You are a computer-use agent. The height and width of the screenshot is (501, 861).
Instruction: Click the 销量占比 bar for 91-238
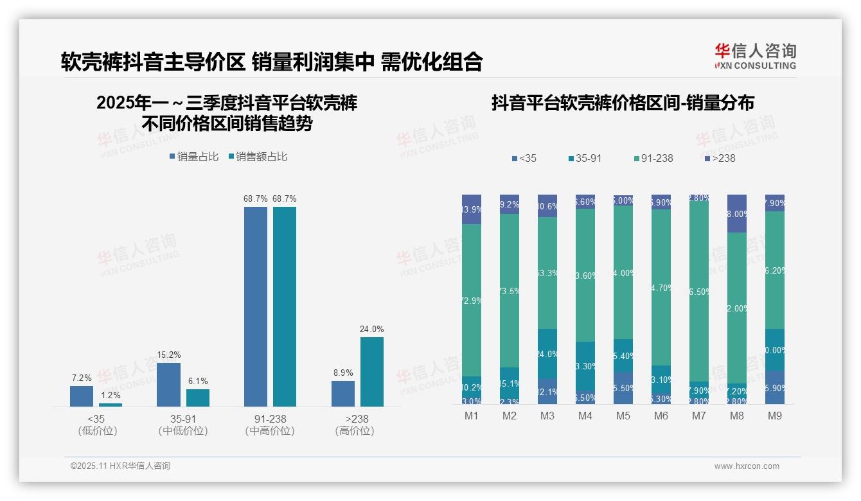coord(256,306)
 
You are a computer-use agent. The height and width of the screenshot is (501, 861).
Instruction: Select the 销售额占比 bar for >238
coord(371,372)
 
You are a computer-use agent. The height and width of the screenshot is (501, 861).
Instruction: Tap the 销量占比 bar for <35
coord(82,396)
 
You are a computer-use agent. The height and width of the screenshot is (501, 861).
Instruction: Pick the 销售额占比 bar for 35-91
coord(198,398)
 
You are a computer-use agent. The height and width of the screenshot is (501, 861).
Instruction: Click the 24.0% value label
coord(371,330)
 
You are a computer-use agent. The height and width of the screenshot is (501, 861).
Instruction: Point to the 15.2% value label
coord(168,355)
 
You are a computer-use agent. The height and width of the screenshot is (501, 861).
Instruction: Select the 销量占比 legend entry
coord(194,157)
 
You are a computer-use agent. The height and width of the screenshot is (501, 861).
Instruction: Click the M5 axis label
coord(623,416)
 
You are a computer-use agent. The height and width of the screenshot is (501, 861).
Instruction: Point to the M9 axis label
coord(774,416)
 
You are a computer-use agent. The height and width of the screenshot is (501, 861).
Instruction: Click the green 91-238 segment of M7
coord(699,292)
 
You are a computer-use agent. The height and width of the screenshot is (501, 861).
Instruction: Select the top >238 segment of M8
coord(737,213)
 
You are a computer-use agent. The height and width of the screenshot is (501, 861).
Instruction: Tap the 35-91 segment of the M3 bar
coord(547,354)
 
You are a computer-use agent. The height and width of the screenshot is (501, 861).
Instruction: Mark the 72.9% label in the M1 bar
coord(472,301)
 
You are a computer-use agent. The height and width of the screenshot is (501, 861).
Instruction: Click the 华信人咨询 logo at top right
coord(755,56)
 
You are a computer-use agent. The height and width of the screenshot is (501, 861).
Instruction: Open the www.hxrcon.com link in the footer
coord(747,466)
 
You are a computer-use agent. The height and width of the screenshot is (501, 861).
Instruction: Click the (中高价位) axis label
coord(270,431)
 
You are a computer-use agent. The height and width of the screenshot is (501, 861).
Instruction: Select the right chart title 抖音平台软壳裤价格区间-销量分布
coord(623,103)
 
